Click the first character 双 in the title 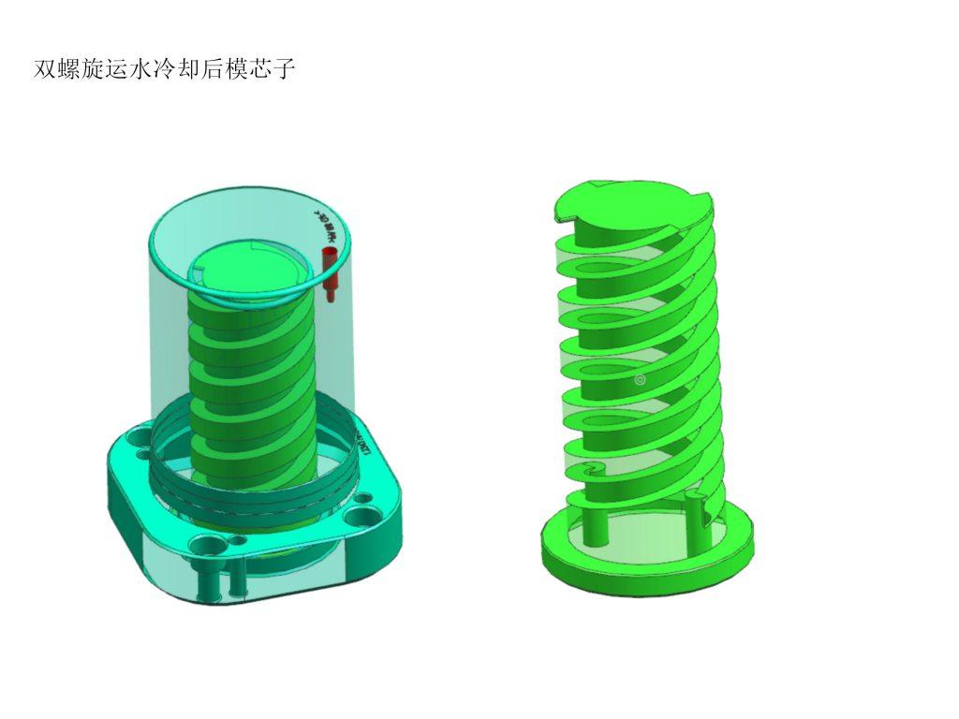(x=44, y=70)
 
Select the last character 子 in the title (x=285, y=70)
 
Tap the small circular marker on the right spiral (x=641, y=379)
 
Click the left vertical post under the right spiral (x=596, y=523)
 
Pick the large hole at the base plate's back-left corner (x=140, y=437)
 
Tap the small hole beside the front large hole (x=235, y=541)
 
